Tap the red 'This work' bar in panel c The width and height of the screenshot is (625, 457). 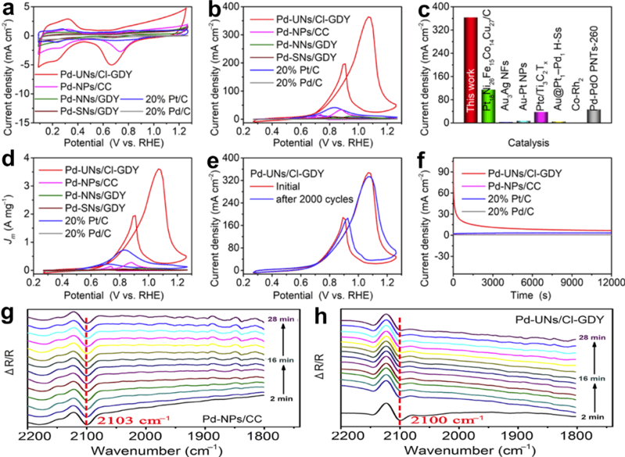click(470, 70)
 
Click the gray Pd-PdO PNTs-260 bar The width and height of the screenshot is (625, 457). click(594, 116)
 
